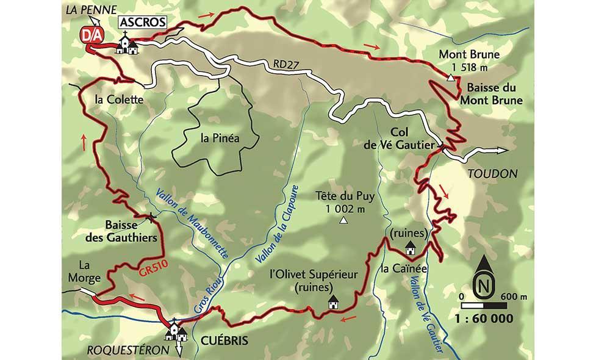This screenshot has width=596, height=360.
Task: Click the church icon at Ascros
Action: pyautogui.click(x=127, y=44)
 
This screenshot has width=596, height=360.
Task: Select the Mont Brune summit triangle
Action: pyautogui.click(x=450, y=77)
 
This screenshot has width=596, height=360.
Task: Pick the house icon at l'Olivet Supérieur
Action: pyautogui.click(x=333, y=302)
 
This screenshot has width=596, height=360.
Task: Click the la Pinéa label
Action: pyautogui.click(x=220, y=137)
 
